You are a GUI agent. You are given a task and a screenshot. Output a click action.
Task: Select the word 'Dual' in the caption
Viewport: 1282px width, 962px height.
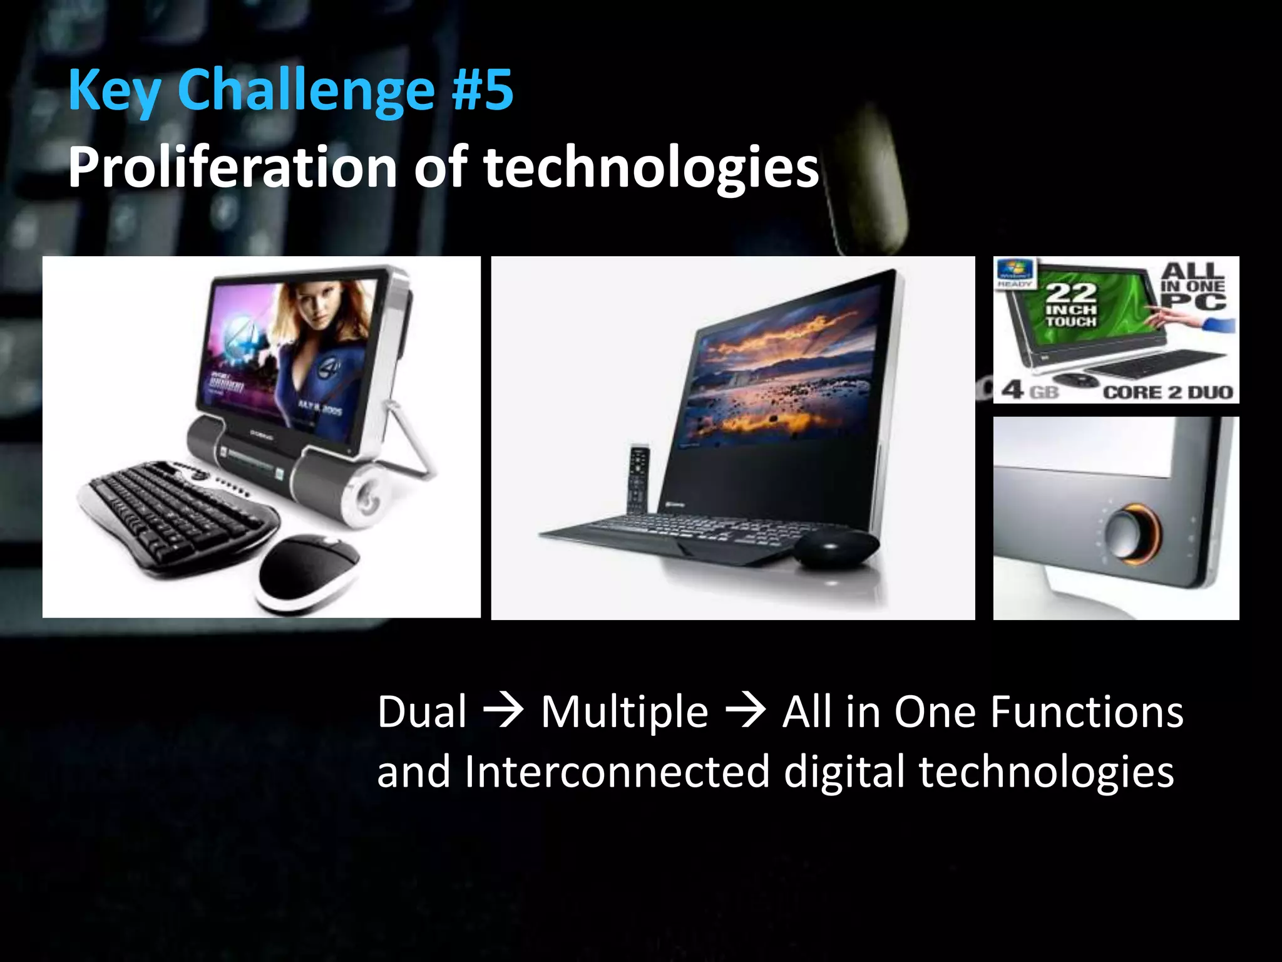click(x=422, y=712)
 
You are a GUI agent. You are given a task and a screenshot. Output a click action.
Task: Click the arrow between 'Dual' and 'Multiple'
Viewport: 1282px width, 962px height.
click(x=503, y=712)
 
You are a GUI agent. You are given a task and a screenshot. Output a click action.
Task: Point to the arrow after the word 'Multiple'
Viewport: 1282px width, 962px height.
click(x=745, y=712)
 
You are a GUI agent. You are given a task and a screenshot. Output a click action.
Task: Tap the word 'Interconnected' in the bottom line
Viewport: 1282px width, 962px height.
click(x=617, y=772)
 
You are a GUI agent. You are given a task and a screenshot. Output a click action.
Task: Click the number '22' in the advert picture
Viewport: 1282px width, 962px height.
click(x=1072, y=293)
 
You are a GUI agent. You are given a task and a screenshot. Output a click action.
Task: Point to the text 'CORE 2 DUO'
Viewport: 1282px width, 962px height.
click(x=1168, y=393)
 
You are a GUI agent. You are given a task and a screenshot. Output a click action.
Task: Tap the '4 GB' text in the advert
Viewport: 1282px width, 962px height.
click(x=1030, y=391)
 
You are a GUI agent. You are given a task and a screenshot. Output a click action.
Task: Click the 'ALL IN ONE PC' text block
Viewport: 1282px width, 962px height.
click(x=1193, y=286)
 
